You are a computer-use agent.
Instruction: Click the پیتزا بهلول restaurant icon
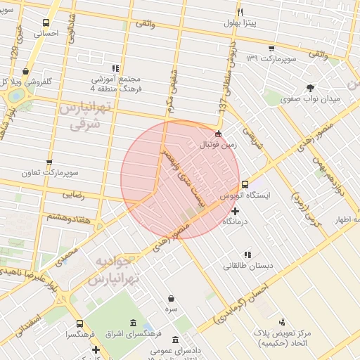point(240,13)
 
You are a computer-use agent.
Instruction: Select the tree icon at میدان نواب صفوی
point(310,87)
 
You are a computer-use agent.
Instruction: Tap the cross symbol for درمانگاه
point(235,211)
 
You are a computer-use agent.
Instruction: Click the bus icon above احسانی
point(46,22)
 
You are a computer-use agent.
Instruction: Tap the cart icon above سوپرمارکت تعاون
point(49,161)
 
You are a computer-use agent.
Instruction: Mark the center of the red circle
point(180,180)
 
